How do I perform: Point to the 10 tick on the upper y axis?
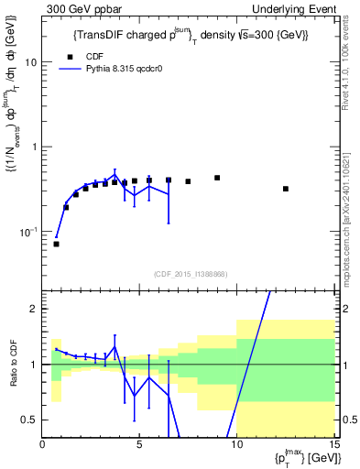click(x=32, y=62)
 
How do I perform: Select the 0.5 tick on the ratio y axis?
click(x=31, y=420)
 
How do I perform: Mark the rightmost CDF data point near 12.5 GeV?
click(x=286, y=189)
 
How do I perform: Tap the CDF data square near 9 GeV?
click(x=217, y=178)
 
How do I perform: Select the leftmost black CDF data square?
click(x=56, y=244)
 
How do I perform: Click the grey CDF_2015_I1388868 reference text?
click(x=189, y=274)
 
